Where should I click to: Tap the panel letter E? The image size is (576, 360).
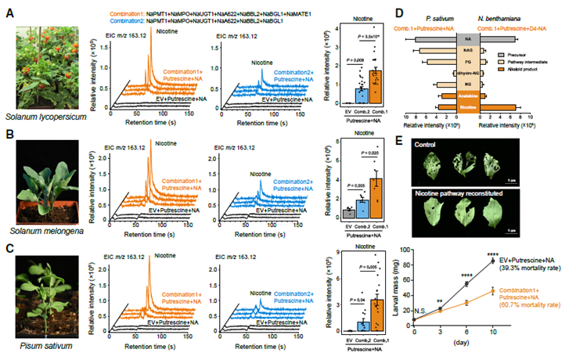(400, 141)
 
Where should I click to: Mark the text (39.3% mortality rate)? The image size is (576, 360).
(532, 268)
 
